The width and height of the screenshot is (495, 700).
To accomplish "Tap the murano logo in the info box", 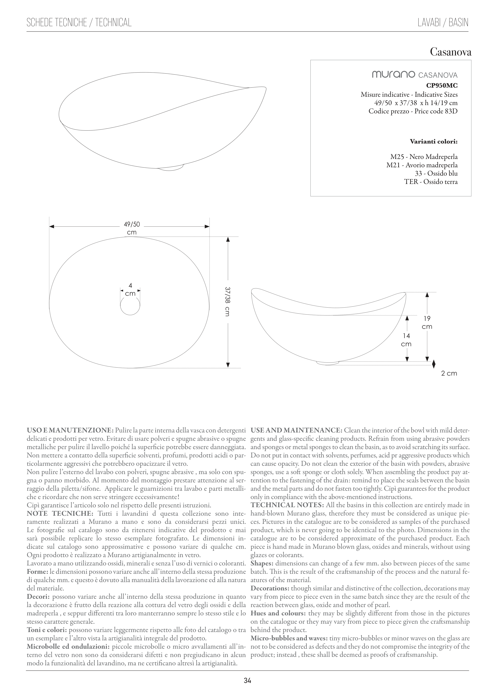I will point(393,74).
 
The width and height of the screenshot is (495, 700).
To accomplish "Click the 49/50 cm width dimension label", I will point(132,228).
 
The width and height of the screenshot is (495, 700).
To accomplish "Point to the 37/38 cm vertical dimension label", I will point(227,301).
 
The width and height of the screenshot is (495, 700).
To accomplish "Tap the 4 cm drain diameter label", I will point(130,290).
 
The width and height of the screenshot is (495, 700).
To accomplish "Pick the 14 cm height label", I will point(406,340).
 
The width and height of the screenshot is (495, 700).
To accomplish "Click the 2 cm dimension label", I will point(449,373).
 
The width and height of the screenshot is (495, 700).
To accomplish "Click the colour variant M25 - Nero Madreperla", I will point(424,157).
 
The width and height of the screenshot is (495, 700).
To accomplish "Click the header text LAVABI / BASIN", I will point(443,23).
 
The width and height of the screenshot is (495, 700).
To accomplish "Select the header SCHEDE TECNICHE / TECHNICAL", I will point(79,23).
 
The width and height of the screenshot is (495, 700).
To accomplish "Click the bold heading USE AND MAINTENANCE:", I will point(296,430).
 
